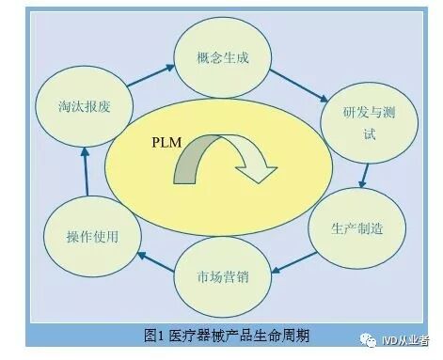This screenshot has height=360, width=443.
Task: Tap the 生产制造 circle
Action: click(356, 228)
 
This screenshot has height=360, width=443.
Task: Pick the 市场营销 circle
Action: click(223, 277)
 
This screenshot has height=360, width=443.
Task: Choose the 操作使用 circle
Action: click(92, 235)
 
